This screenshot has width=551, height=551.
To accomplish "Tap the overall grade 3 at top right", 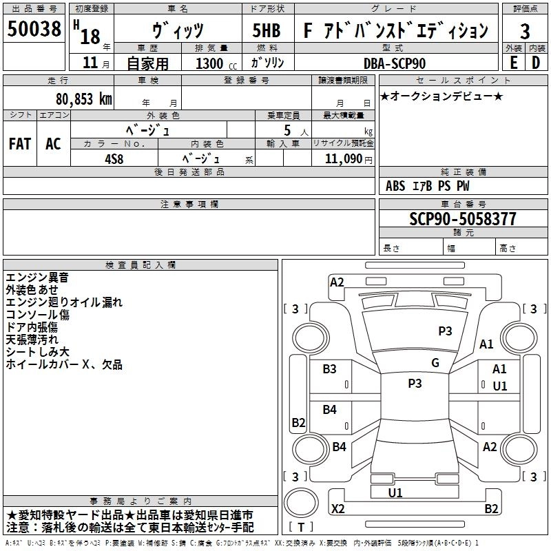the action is point(525,31).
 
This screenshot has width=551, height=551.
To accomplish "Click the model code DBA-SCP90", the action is point(395,63).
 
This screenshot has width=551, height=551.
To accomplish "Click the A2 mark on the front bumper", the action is point(337,282).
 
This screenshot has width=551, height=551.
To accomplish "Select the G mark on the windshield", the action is point(435,363).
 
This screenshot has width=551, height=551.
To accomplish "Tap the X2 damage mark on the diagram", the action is point(338,509).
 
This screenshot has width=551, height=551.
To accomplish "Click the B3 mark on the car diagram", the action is point(330,369).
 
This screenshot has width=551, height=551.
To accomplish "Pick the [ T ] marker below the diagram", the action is point(302,528).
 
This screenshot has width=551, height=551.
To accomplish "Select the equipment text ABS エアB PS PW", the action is point(428,186).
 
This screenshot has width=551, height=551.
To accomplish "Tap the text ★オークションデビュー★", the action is point(441,96).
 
